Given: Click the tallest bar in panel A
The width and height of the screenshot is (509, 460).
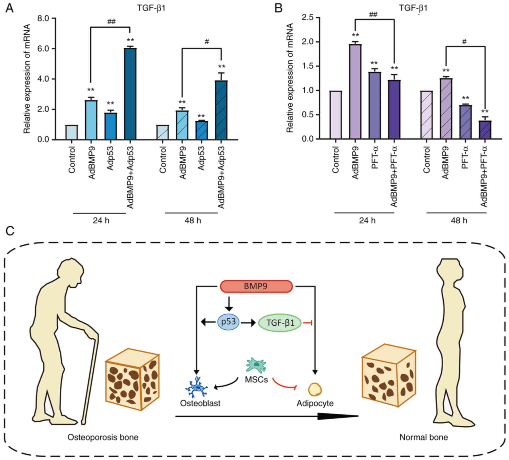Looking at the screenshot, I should tap(130, 94).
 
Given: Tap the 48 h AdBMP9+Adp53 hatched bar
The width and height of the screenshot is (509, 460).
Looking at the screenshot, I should tap(221, 110).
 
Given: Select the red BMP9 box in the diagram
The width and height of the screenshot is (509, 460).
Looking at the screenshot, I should tap(256, 286).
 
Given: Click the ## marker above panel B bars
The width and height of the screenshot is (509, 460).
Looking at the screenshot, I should tap(373, 15).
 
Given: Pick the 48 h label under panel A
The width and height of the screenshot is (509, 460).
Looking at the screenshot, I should tap(193, 221).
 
